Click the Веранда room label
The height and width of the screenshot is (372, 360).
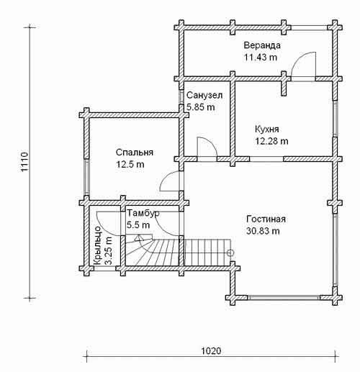coord(262,45)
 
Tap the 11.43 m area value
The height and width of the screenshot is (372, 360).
coord(261,58)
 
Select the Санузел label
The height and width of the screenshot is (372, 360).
coord(204,95)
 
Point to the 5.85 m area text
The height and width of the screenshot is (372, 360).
coord(201,107)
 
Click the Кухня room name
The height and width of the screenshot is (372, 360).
coord(267,130)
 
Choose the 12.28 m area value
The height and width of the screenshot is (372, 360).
coord(271,141)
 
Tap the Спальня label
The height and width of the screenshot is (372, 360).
coord(135,153)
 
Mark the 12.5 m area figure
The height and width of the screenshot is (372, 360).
coord(130,165)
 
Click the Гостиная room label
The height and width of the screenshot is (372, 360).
coord(266,219)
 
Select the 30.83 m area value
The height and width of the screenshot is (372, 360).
coord(263,231)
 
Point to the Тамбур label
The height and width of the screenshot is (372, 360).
coord(143,213)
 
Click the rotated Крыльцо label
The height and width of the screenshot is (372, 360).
coord(98,245)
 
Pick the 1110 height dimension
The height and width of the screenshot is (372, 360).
coord(24,162)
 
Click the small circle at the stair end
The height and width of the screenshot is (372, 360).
coord(230,253)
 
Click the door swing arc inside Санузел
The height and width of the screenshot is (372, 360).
coord(211,143)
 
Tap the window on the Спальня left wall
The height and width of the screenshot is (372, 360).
coord(86,177)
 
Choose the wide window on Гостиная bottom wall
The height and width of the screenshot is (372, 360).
coord(284,298)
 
